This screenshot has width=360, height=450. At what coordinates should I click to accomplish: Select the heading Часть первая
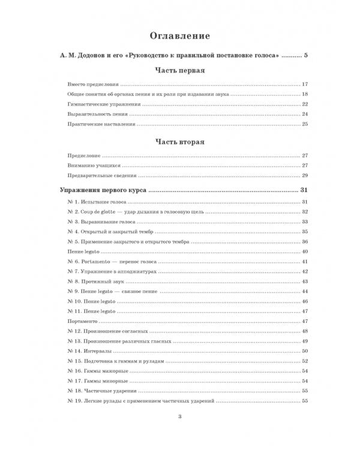[180, 70]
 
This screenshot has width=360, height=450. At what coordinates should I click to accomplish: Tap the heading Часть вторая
[180, 143]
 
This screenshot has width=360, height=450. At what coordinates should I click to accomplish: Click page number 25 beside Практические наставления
[304, 124]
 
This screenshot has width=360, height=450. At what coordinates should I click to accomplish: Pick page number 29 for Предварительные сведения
[304, 175]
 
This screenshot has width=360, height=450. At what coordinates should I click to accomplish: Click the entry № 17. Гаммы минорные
[92, 380]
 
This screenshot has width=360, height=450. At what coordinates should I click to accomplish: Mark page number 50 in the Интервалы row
[304, 351]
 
